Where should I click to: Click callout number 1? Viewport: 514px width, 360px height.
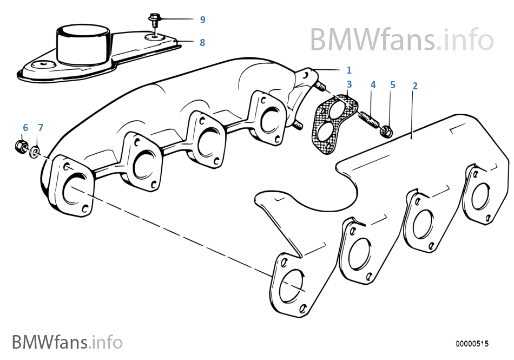click(x=349, y=70)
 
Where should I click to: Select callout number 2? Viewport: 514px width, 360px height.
click(x=415, y=86)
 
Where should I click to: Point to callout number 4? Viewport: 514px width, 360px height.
click(x=373, y=85)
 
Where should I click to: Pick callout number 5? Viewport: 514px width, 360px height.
click(x=393, y=85)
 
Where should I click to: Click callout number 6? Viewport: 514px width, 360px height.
click(x=25, y=128)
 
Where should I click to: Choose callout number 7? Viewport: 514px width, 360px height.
click(x=40, y=128)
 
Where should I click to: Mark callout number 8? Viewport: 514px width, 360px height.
click(x=202, y=42)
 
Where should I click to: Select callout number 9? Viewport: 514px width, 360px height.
click(x=202, y=20)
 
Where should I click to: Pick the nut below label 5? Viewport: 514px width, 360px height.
click(x=386, y=130)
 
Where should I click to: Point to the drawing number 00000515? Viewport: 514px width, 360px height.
click(x=472, y=343)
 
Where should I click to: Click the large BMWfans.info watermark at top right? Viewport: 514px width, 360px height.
click(x=401, y=39)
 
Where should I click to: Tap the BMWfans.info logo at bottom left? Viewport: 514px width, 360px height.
click(x=67, y=342)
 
